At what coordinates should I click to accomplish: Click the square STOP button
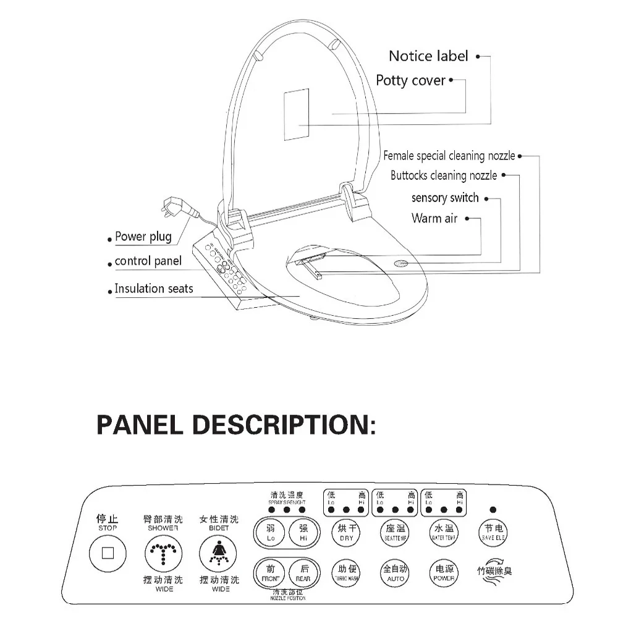(x=108, y=553)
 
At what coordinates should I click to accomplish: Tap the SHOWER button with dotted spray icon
(x=163, y=553)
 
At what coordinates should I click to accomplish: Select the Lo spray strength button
(x=271, y=533)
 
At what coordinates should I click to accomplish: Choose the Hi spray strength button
(x=303, y=533)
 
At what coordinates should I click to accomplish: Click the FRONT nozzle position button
(x=271, y=574)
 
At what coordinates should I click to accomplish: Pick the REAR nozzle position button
(x=303, y=574)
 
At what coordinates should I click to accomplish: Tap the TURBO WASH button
(x=346, y=574)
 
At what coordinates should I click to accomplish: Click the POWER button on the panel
(x=444, y=574)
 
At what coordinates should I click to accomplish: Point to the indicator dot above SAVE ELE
(x=493, y=510)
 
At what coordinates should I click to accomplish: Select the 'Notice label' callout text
(x=428, y=56)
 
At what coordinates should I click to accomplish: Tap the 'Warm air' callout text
(x=434, y=218)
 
